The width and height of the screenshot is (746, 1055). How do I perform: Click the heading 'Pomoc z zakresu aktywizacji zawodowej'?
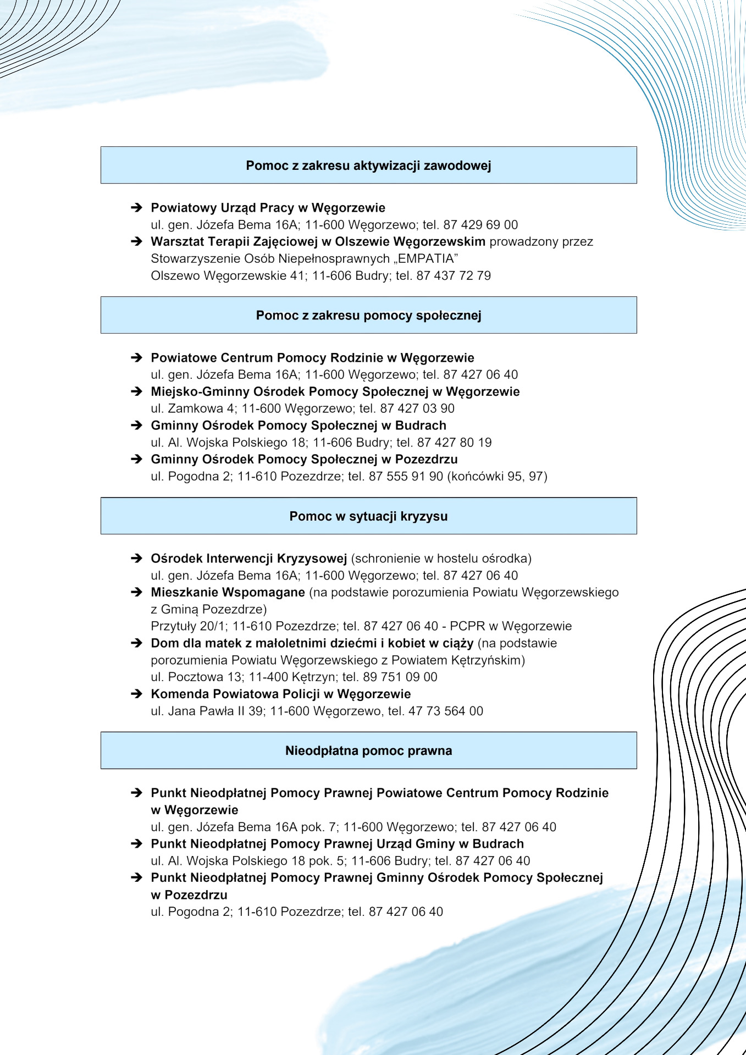pos(368,165)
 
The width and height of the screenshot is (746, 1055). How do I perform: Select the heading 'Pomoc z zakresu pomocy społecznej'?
pos(368,316)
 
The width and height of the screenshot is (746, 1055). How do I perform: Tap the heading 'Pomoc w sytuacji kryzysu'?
pos(368,516)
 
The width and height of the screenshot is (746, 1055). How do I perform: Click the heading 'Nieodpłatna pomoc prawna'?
pos(368,751)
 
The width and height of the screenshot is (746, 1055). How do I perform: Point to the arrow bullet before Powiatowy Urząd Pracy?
pos(136,208)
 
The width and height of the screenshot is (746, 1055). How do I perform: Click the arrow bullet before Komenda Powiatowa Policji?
pos(136,694)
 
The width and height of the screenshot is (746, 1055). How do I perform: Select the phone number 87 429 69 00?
pos(480,225)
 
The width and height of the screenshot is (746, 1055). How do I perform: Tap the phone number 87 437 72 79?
pos(454,275)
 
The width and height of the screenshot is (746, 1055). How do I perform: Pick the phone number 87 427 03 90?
pos(417,408)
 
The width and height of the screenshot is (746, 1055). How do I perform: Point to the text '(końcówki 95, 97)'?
pos(498,476)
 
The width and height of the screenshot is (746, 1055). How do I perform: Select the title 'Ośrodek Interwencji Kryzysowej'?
pos(248,559)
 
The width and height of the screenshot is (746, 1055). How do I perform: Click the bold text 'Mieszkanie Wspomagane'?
pos(228,592)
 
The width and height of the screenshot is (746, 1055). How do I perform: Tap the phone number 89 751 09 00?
pos(400,677)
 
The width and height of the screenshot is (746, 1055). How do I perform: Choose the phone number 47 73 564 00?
pos(446,711)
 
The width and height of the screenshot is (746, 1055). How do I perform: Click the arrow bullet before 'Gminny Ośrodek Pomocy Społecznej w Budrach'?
pos(136,426)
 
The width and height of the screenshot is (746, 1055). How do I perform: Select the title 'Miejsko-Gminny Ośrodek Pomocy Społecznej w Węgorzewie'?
pos(335,391)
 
